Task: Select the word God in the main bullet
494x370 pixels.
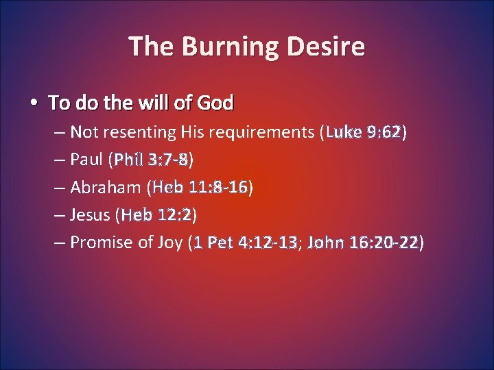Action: point(215,103)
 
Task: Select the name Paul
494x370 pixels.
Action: point(88,160)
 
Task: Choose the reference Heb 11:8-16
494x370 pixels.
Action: point(200,188)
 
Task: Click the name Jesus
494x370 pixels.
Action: point(91,216)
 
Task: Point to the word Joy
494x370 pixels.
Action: point(169,243)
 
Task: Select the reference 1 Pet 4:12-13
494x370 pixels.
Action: point(246,243)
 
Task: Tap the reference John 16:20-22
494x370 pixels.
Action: point(364,243)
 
